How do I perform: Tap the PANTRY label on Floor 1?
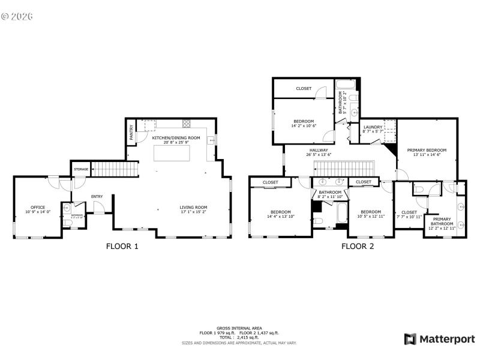pyautogui.click(x=132, y=131)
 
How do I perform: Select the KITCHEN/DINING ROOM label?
pyautogui.click(x=176, y=138)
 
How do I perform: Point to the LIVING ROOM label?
pyautogui.click(x=193, y=208)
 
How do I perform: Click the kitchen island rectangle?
pyautogui.click(x=173, y=154)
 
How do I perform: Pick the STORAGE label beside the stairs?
pyautogui.click(x=82, y=170)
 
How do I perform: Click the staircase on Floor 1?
pyautogui.click(x=115, y=169)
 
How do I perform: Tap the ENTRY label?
pyautogui.click(x=97, y=197)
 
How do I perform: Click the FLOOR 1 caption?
pyautogui.click(x=122, y=245)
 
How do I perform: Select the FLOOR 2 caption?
pyautogui.click(x=358, y=245)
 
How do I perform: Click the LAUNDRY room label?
pyautogui.click(x=373, y=127)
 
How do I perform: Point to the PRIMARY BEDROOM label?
pyautogui.click(x=427, y=150)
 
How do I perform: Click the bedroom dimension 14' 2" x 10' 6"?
pyautogui.click(x=304, y=126)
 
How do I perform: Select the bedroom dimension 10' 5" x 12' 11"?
pyautogui.click(x=371, y=216)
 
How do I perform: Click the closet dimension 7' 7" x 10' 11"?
pyautogui.click(x=409, y=217)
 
